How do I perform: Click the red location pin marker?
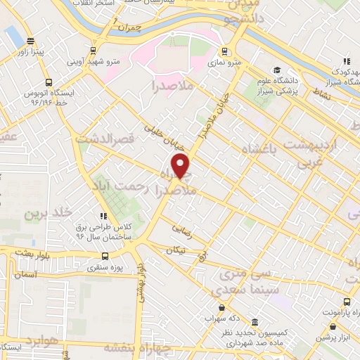coord(181,165)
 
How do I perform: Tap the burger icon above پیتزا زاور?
coord(29,41)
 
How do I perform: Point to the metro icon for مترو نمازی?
coord(224,51)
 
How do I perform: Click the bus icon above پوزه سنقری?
coord(103,257)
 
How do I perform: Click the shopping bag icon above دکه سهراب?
coord(221,307)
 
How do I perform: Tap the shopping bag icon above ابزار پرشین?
coord(332,326)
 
